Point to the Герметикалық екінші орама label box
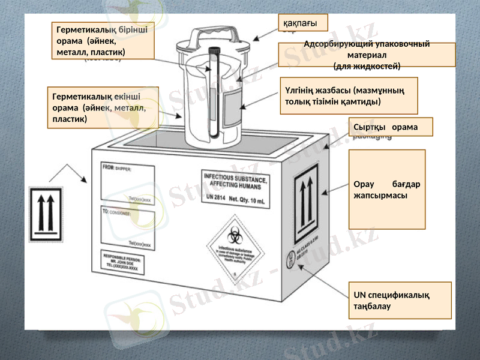pos(103,107)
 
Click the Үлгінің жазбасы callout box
pos(349,95)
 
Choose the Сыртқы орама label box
pos(390,127)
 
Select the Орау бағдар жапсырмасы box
pos(387,189)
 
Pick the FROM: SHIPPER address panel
pos(127,183)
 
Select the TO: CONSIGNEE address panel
pos(127,229)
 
